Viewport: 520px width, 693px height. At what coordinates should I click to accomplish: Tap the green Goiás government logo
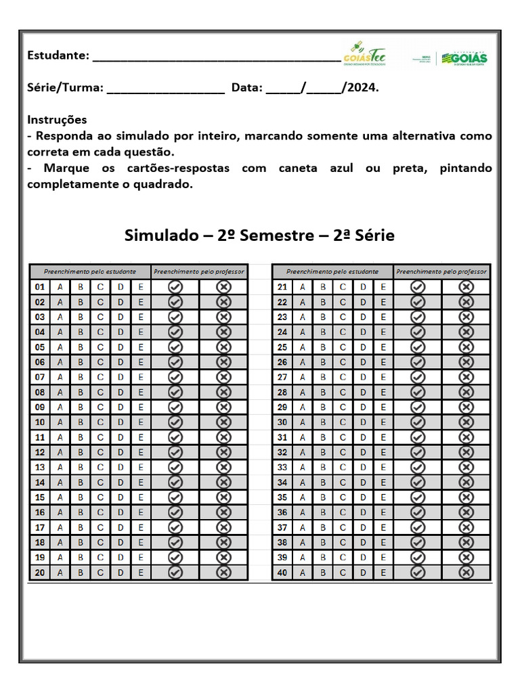pos(464,58)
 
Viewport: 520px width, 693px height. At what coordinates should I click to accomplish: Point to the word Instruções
pos(57,120)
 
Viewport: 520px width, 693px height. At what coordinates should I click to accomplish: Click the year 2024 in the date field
pos(362,88)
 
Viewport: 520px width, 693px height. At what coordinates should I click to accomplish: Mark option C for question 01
pos(100,287)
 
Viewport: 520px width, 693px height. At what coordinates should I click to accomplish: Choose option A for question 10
pos(60,422)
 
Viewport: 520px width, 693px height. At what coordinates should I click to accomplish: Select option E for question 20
pos(141,573)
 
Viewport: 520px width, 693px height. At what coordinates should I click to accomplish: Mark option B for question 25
pos(323,347)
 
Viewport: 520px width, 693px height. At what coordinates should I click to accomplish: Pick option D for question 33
pos(363,468)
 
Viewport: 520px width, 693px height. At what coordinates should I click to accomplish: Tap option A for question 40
pos(303,573)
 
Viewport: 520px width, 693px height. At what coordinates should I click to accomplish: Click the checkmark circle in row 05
pos(175,347)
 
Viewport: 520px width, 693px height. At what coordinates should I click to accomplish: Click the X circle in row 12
pos(223,452)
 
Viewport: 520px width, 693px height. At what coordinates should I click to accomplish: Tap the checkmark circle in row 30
pos(418,422)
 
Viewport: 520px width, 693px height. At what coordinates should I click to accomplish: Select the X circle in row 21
pos(466,287)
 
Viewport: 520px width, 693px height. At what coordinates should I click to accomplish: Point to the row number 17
pos(40,527)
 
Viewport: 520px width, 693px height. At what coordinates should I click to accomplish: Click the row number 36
pos(282,512)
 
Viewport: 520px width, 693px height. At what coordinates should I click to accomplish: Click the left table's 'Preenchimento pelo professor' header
pos(199,271)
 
